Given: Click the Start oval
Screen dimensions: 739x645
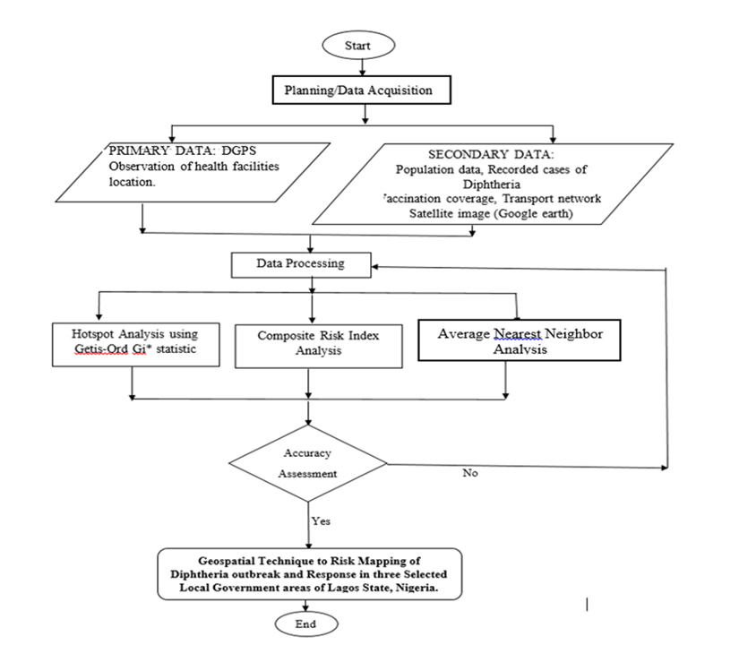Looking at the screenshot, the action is (x=358, y=46).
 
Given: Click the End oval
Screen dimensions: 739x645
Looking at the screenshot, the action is (x=306, y=623).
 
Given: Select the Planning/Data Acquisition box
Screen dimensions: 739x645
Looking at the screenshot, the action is (x=362, y=90).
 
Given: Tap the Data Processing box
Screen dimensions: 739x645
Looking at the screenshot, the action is (x=301, y=265).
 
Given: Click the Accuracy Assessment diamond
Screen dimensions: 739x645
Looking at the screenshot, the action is (x=308, y=463).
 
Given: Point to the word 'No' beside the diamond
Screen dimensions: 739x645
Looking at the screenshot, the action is (x=470, y=473).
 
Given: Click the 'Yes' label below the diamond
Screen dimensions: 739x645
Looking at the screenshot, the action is (x=321, y=521).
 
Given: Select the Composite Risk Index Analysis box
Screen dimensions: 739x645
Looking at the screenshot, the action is (x=319, y=346).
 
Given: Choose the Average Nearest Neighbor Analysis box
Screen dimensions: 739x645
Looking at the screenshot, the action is (x=520, y=340).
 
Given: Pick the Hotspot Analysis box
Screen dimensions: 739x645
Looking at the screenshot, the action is (x=136, y=345).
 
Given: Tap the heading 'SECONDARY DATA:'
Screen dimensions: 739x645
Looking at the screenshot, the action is (x=491, y=154).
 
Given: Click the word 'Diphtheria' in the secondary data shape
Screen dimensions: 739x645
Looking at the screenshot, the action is (x=492, y=184).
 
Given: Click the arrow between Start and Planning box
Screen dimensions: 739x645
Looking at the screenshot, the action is (x=362, y=67).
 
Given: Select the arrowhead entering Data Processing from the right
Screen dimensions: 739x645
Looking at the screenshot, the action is (x=375, y=267).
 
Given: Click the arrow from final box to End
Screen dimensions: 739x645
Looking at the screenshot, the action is (x=305, y=606).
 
